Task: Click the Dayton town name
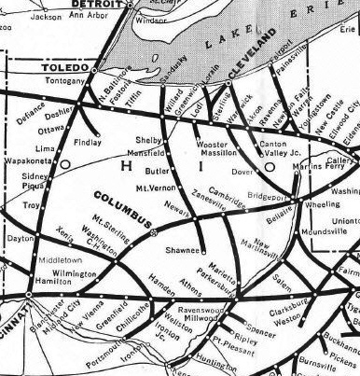pyautogui.click(x=20, y=239)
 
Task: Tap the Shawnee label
pyautogui.click(x=183, y=250)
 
